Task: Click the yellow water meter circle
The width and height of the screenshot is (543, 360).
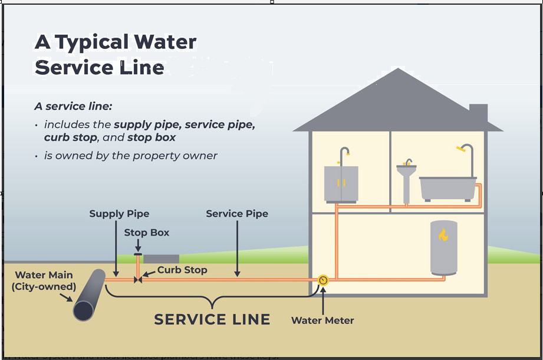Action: (x=323, y=280)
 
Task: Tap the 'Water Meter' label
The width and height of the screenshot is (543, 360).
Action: (x=322, y=321)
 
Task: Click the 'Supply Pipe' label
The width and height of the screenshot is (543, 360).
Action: (x=119, y=214)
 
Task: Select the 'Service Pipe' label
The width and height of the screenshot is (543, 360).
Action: (x=237, y=214)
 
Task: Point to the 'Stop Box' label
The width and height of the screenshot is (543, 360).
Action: (x=146, y=233)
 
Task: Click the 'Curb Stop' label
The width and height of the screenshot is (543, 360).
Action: (x=182, y=270)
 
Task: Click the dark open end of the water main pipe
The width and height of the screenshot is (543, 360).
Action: (x=83, y=310)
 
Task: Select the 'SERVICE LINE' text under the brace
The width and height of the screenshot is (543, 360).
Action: (x=212, y=320)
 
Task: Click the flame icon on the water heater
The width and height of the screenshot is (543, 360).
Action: (x=443, y=235)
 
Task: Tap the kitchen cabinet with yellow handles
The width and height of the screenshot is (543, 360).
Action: (x=341, y=184)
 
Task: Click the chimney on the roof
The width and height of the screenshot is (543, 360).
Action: (x=478, y=113)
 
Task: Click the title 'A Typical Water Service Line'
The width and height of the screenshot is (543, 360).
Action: (x=116, y=55)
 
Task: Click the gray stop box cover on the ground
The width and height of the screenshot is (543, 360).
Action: (x=161, y=259)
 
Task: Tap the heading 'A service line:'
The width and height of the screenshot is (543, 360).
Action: (x=73, y=107)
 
